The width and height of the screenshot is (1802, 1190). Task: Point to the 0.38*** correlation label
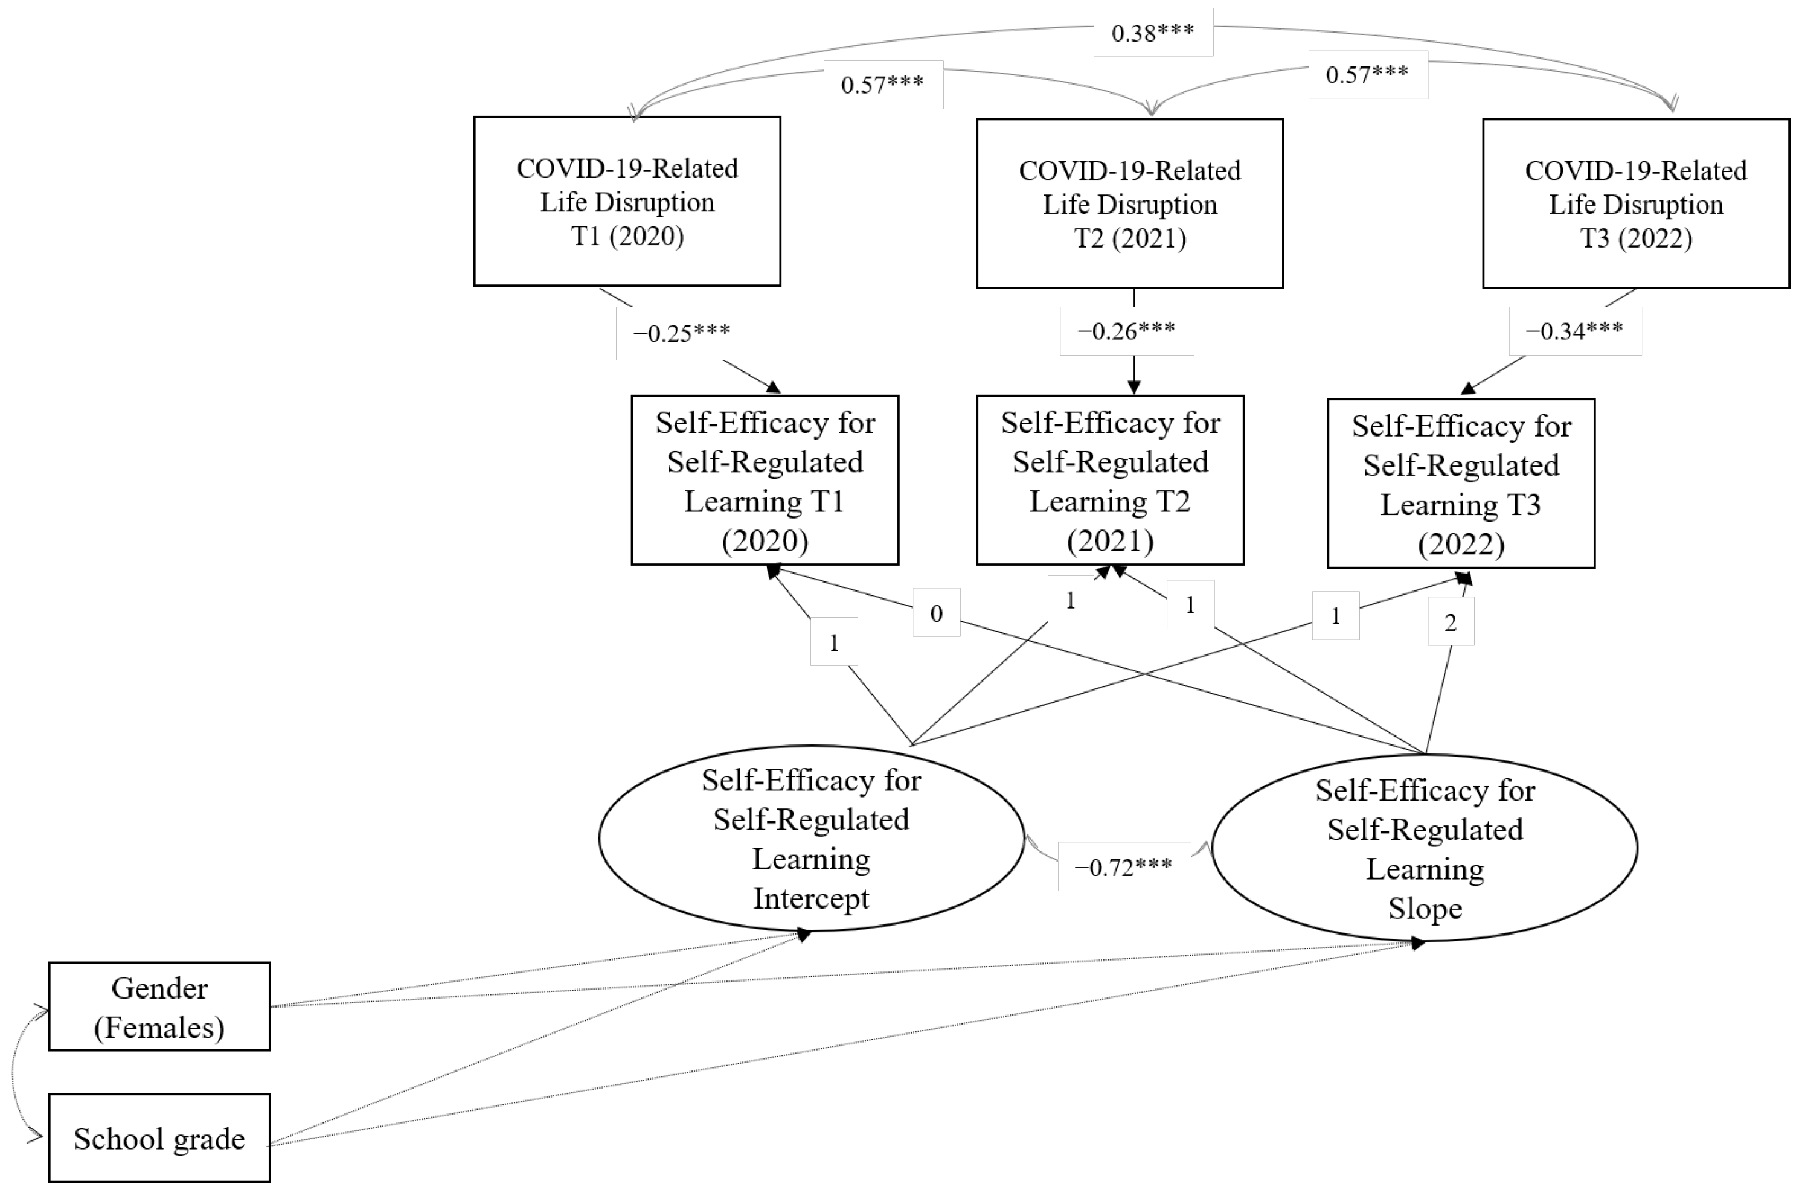point(1153,33)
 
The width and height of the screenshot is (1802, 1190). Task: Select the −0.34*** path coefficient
point(1575,331)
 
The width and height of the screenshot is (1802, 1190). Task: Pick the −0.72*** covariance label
point(1124,866)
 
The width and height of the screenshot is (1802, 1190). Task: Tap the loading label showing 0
point(937,612)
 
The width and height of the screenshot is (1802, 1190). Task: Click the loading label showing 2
point(1451,622)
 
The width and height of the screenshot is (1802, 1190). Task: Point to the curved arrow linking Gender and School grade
point(13,1072)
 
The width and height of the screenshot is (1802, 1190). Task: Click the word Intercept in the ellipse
point(810,898)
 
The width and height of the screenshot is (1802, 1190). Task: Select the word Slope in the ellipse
point(1425,909)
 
